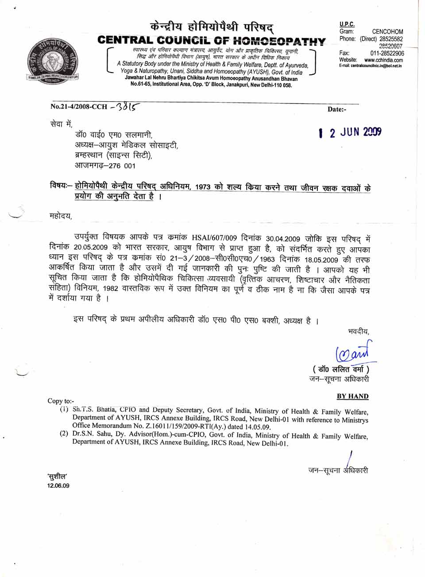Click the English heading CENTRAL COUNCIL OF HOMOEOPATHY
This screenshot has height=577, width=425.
coord(212,41)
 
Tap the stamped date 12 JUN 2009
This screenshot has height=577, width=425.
coord(350,132)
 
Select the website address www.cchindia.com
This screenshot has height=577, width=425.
coord(383,60)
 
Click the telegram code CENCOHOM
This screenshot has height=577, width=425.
coord(387,31)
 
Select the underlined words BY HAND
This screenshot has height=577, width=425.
coord(352,396)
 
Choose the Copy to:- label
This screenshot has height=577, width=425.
coord(61,401)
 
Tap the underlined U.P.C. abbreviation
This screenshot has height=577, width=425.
coord(347,24)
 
